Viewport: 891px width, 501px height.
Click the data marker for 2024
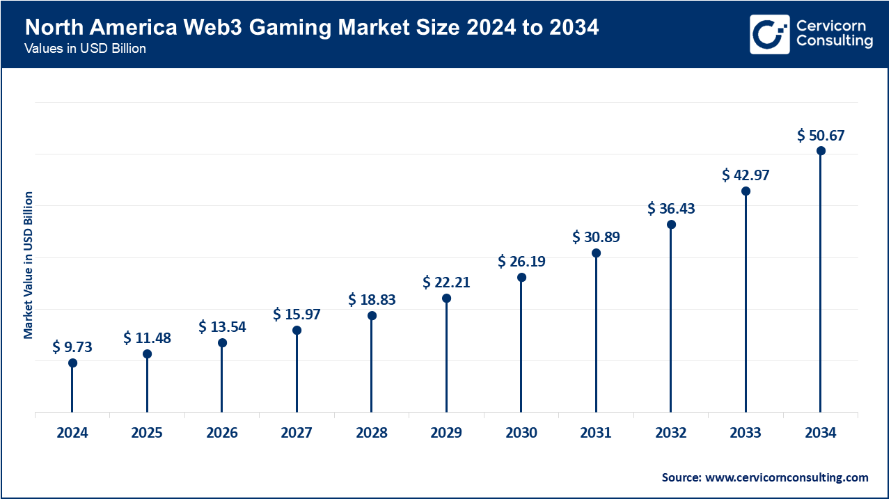(72, 363)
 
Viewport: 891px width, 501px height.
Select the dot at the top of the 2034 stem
(821, 150)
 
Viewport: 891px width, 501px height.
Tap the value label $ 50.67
(821, 135)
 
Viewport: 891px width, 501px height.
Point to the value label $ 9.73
(72, 347)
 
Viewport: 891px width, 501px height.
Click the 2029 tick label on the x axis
(446, 433)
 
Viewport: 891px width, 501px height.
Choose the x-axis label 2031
(596, 433)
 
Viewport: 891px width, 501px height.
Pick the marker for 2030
(521, 277)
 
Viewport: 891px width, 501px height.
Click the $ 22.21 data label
(446, 283)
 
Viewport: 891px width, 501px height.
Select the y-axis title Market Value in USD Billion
(29, 265)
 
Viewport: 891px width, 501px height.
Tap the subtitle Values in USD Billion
(85, 49)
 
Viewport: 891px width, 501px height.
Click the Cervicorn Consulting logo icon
(769, 34)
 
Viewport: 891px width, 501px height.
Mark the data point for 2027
(297, 330)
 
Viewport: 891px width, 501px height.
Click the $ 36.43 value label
(671, 209)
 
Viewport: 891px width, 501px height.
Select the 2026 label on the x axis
(222, 433)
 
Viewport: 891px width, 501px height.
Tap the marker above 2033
(746, 191)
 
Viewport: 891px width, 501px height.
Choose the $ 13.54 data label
(222, 327)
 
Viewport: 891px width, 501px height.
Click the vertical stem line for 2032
(671, 320)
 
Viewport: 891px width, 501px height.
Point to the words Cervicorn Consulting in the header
(834, 34)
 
